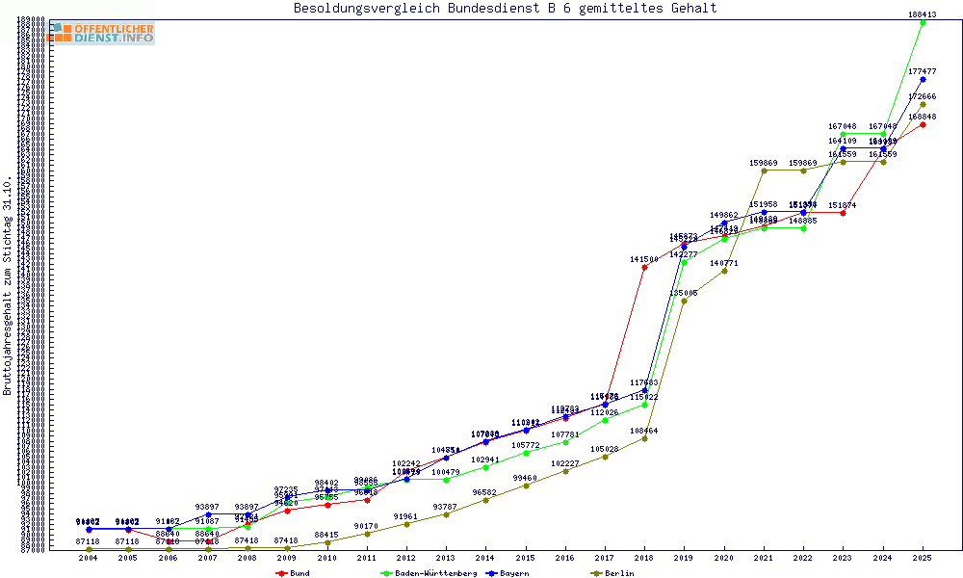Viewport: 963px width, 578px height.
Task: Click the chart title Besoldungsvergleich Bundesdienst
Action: (505, 8)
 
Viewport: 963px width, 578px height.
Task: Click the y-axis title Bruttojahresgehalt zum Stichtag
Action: (8, 286)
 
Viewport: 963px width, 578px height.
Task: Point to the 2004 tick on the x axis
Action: (88, 558)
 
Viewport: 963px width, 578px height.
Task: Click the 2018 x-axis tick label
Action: (644, 558)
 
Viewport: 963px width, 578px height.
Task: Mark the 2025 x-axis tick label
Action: (923, 558)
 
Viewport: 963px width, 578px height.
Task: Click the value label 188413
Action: (923, 14)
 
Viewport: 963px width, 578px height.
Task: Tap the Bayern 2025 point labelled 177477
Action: (923, 79)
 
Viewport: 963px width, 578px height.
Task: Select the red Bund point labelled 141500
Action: (644, 267)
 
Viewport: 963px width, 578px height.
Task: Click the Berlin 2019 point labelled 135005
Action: (684, 301)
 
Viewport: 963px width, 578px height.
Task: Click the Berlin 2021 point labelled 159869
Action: (764, 171)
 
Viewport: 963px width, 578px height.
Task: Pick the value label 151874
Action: (843, 205)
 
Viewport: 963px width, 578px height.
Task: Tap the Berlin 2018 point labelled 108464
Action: (644, 438)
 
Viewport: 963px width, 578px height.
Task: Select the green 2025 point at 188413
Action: (923, 22)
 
